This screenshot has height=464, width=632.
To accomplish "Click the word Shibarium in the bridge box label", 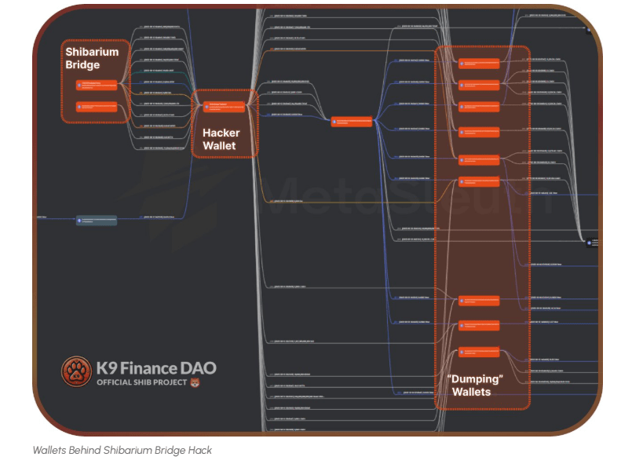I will (x=91, y=52).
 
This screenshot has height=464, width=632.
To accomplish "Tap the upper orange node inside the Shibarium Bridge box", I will (x=96, y=84).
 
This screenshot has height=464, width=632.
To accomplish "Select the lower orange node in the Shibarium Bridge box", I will (x=96, y=106).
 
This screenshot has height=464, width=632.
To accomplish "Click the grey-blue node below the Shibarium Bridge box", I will (x=96, y=221).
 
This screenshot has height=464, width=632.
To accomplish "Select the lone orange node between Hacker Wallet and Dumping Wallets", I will (x=351, y=121).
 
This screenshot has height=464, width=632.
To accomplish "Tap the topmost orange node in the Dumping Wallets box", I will (x=479, y=64).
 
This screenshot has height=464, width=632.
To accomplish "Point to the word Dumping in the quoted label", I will (x=475, y=378).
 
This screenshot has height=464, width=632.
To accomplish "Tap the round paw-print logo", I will (x=76, y=371).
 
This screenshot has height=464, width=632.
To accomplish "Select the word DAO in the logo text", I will (x=198, y=367).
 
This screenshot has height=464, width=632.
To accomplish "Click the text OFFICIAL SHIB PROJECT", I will (x=141, y=382).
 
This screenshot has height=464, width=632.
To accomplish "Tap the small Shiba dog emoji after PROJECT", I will (x=195, y=382).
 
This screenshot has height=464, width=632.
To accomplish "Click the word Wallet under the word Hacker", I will (x=219, y=145).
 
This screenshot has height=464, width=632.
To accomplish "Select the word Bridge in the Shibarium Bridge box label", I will (x=82, y=64).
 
